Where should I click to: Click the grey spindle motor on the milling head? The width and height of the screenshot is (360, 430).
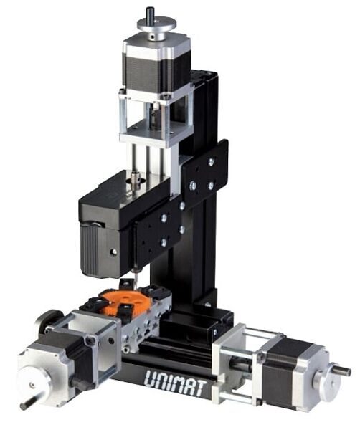pos(100,247)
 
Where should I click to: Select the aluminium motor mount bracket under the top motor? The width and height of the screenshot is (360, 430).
pos(153,118)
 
